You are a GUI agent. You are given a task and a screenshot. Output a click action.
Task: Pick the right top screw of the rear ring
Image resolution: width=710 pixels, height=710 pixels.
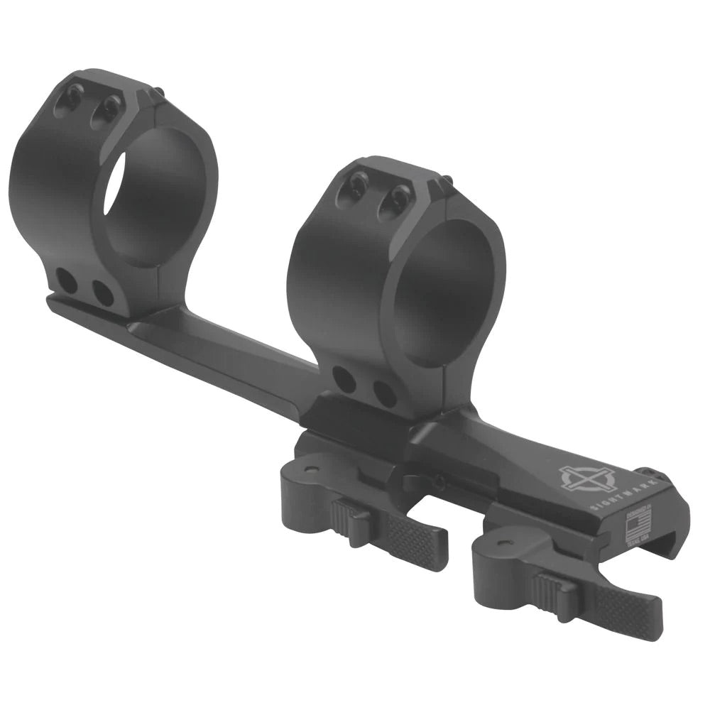click(x=109, y=107)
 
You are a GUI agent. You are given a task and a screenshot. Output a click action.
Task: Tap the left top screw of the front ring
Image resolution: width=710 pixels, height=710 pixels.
click(x=357, y=187)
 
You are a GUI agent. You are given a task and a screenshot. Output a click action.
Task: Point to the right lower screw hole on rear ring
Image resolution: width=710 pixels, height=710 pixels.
click(x=103, y=293)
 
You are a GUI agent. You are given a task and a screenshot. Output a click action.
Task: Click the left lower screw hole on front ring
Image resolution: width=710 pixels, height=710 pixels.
click(x=345, y=381)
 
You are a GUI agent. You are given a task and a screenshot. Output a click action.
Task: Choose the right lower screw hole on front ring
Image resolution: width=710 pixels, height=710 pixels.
click(x=384, y=393)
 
